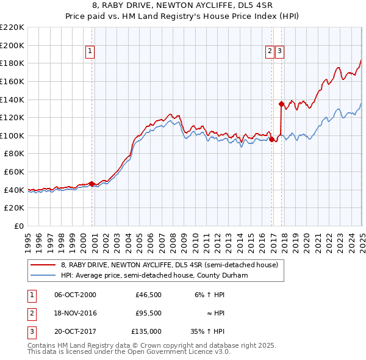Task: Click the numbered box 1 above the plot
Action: [x=90, y=51]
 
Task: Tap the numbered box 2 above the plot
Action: [x=269, y=51]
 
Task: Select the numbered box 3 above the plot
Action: [x=279, y=51]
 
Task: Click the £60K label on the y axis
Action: [x=14, y=172]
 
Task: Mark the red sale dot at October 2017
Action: [x=281, y=104]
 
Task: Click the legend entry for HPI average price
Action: [x=158, y=275]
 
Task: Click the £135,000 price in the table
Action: [x=146, y=331]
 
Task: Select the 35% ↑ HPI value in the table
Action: [x=207, y=331]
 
